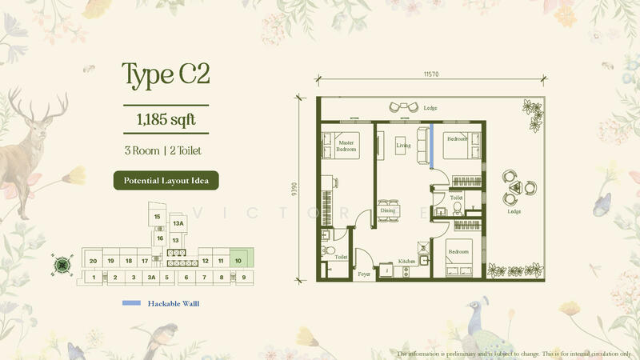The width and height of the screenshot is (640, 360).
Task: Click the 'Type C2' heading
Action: tap(166, 74)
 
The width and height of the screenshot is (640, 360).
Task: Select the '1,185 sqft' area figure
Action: tap(166, 120)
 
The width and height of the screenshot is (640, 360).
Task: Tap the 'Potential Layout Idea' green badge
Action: tap(166, 180)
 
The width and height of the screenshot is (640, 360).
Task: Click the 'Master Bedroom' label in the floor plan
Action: tap(346, 146)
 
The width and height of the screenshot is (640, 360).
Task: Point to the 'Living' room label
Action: tap(403, 146)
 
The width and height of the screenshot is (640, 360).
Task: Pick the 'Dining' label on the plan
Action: tap(388, 210)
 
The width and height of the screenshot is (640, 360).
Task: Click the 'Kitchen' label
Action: tap(407, 262)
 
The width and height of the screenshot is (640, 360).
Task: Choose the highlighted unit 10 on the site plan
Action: tap(238, 260)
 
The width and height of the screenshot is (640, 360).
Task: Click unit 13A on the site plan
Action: tap(178, 224)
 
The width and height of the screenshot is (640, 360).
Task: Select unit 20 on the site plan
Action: tap(94, 261)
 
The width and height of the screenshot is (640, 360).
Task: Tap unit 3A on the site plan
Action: tap(150, 278)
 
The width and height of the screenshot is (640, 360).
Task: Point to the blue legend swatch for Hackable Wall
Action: tap(131, 303)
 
